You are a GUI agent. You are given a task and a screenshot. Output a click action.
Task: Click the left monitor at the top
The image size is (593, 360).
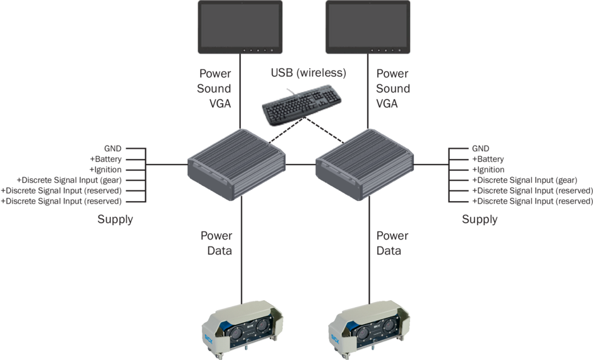coord(240,27)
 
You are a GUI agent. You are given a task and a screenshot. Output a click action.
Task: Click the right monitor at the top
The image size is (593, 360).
coord(368,27)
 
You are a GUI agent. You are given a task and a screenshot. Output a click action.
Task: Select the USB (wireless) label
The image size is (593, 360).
coord(308,73)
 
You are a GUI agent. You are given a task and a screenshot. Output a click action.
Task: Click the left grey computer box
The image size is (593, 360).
coord(237,163)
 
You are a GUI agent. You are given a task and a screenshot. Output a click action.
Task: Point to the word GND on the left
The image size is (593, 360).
coord(113,149)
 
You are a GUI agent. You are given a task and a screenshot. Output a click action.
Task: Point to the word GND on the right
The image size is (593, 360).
coord(481,149)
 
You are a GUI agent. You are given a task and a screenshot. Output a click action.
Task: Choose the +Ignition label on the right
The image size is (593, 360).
coord(488,170)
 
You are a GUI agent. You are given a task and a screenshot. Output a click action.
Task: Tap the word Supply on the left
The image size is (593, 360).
coord(115,219)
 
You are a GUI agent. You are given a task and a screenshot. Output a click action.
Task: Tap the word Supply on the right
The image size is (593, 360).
coord(479,219)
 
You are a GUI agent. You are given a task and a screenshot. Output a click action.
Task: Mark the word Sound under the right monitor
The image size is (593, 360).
coord(392,88)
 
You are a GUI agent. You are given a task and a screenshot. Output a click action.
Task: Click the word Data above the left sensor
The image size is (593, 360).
coord(216,251)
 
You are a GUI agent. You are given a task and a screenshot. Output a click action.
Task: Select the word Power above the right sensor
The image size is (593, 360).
coord(392,236)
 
